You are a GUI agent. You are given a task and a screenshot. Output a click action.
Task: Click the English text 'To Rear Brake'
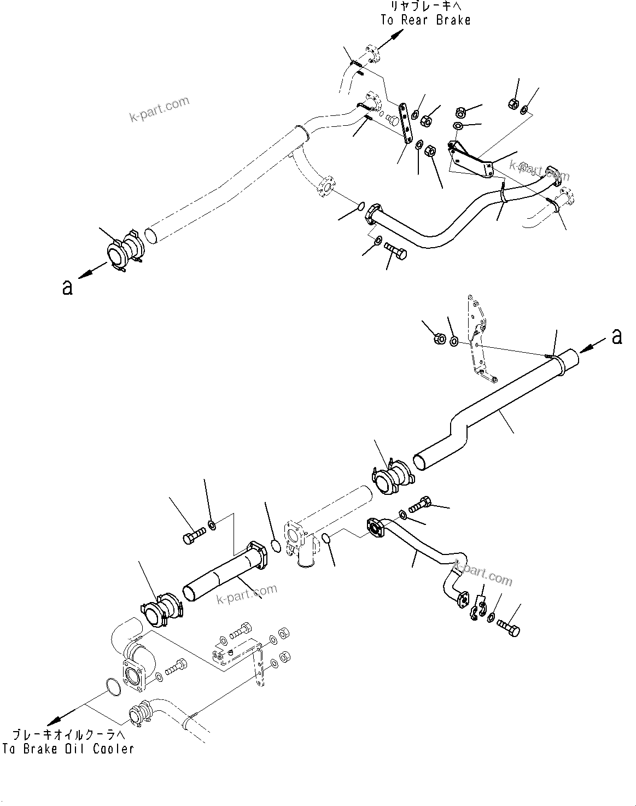[425, 20]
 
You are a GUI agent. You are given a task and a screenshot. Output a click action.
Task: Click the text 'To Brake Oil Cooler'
[68, 749]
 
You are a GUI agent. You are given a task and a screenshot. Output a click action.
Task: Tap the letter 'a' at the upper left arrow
[67, 287]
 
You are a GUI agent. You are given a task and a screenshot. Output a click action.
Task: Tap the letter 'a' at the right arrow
[616, 337]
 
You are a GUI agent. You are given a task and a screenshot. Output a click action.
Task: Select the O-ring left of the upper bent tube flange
[360, 206]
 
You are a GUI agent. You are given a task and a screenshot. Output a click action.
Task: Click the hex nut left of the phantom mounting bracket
[439, 339]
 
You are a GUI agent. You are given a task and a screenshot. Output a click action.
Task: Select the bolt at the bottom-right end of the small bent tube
[509, 629]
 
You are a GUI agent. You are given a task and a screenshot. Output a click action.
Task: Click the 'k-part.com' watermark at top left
[159, 109]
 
